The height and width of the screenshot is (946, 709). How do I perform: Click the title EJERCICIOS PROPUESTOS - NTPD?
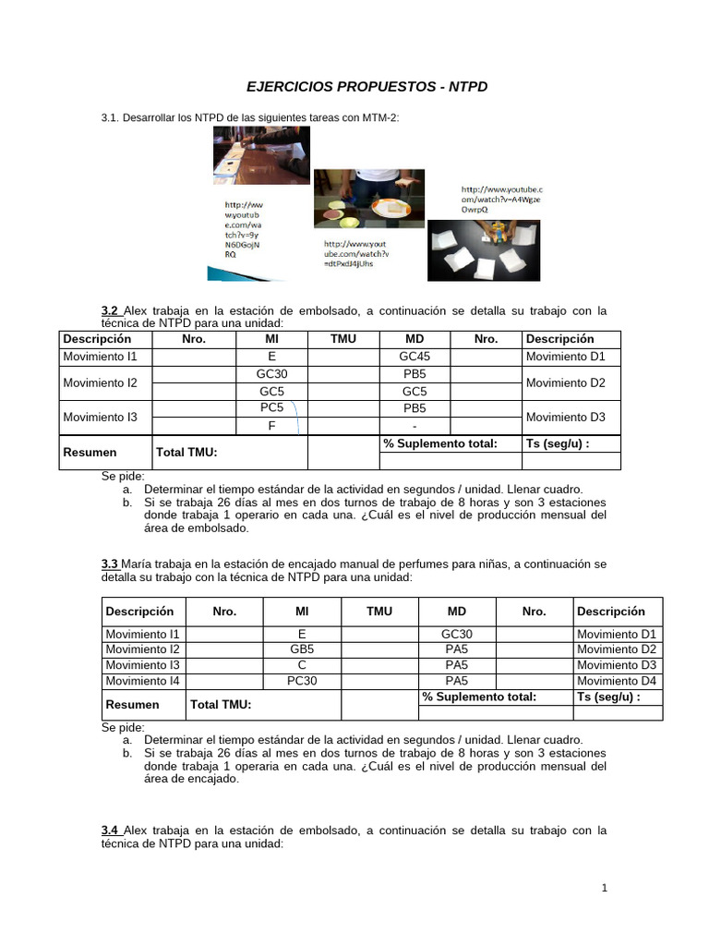click(367, 87)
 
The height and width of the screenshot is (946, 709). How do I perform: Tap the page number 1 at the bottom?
click(604, 888)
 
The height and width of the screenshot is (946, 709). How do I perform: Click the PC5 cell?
click(271, 407)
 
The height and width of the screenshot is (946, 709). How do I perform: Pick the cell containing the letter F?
click(271, 426)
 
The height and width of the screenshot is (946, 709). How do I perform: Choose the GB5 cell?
click(302, 649)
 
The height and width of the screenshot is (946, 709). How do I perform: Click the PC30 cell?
click(302, 681)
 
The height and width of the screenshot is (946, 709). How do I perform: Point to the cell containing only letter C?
click(302, 665)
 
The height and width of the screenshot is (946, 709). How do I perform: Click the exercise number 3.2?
click(110, 311)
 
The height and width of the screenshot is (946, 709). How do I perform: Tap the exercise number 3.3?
click(110, 564)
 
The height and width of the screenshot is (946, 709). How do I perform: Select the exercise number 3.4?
click(110, 831)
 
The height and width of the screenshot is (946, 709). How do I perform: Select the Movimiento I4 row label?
click(143, 681)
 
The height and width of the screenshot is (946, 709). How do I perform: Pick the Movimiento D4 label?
click(616, 681)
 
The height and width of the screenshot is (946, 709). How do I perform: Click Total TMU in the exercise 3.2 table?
click(186, 453)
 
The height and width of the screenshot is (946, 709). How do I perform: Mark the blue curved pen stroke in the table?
click(295, 416)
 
